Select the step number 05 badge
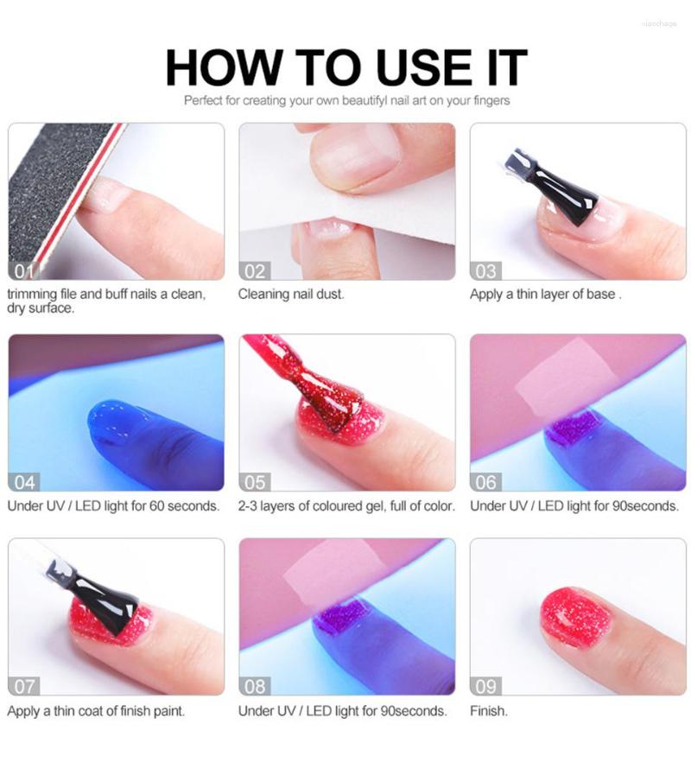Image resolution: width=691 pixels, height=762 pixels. tap(255, 481)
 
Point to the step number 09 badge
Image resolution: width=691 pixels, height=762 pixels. tap(486, 686)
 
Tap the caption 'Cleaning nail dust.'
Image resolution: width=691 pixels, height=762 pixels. tap(291, 294)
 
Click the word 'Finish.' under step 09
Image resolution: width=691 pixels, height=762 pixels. tap(489, 711)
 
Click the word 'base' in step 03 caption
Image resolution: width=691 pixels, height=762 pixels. tap(600, 294)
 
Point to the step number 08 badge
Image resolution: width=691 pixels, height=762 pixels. tap(255, 686)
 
